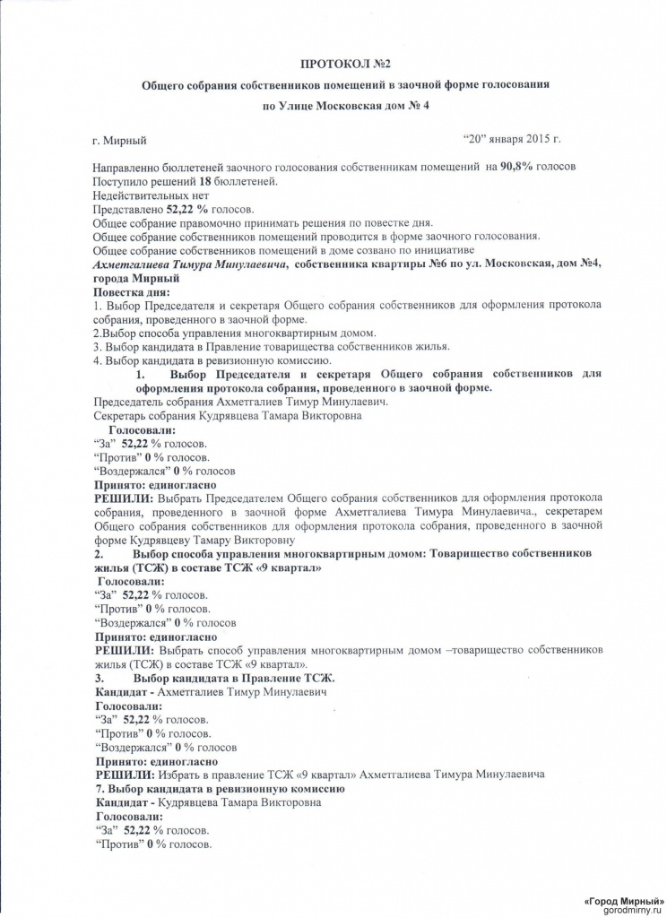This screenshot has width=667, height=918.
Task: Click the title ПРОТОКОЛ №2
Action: coord(345,65)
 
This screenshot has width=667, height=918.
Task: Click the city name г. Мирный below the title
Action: coord(118,141)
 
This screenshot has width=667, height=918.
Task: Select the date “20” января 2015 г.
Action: coord(511,140)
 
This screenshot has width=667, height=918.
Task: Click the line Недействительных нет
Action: coord(151,195)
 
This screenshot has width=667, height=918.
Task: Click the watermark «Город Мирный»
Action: coord(623,899)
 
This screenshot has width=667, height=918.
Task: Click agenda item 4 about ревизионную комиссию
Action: coord(205,360)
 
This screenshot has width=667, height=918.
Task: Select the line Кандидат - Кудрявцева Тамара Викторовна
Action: coord(208,802)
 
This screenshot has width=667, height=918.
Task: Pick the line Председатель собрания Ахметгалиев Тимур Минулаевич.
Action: coord(229,402)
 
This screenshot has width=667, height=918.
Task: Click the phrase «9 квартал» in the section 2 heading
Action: coord(289,567)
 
